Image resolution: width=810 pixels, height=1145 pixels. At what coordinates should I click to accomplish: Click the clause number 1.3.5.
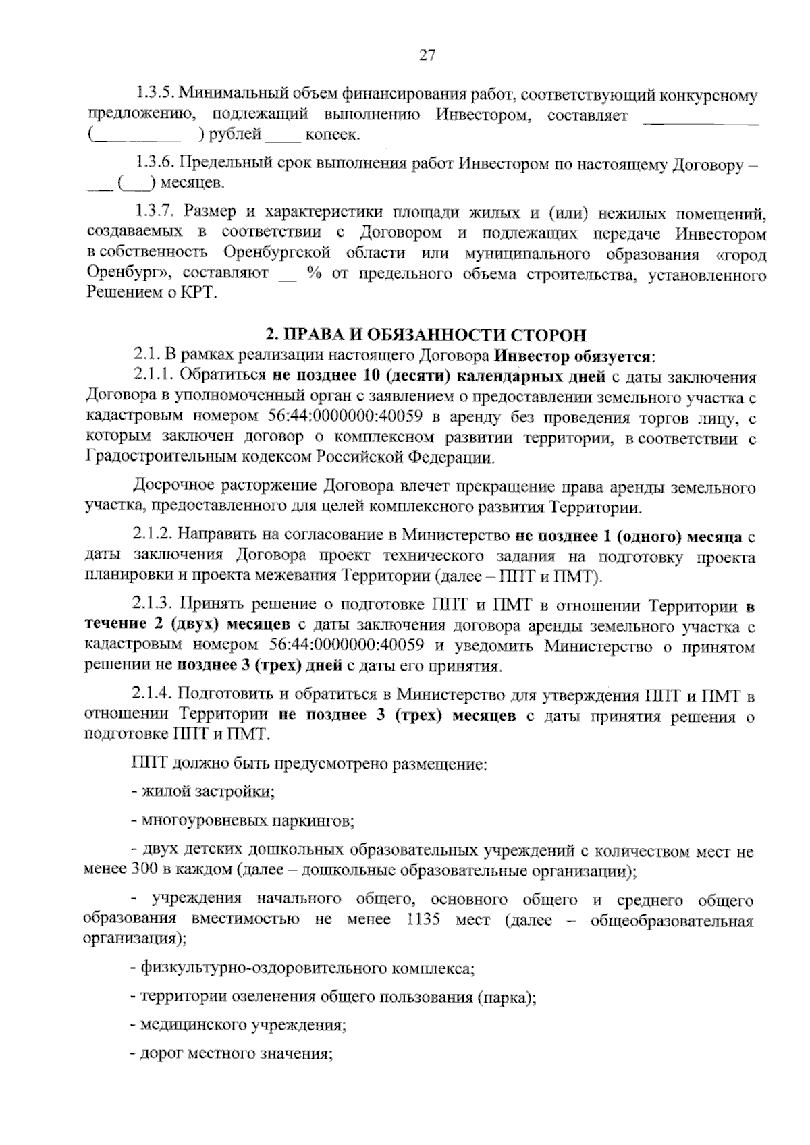pos(155,95)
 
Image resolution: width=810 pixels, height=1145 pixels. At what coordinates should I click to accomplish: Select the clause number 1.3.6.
pos(155,163)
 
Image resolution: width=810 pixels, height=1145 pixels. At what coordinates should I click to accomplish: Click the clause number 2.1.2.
pos(153,536)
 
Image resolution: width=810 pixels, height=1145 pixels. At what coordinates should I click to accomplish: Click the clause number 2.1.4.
pos(153,695)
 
